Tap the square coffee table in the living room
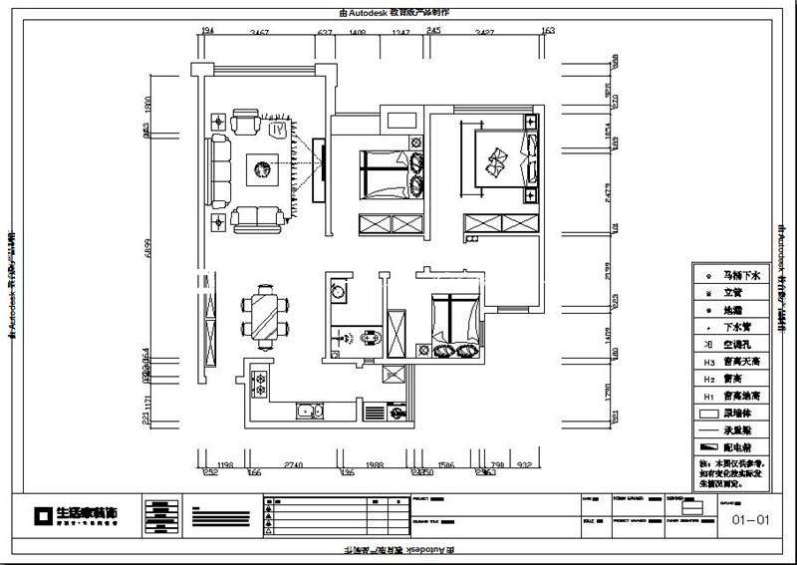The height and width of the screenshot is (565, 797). (x=263, y=170)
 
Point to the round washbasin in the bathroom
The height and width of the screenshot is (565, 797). (x=339, y=292)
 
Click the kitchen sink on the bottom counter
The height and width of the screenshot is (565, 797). (x=307, y=410)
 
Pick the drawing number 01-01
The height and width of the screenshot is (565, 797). (x=751, y=519)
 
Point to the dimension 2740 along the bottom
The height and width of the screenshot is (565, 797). (x=293, y=465)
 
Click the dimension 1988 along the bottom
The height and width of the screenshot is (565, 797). (x=375, y=465)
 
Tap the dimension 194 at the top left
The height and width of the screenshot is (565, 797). (x=208, y=32)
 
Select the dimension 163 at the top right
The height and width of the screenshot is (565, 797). (x=547, y=32)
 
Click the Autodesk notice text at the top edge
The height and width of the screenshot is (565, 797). (x=395, y=12)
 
